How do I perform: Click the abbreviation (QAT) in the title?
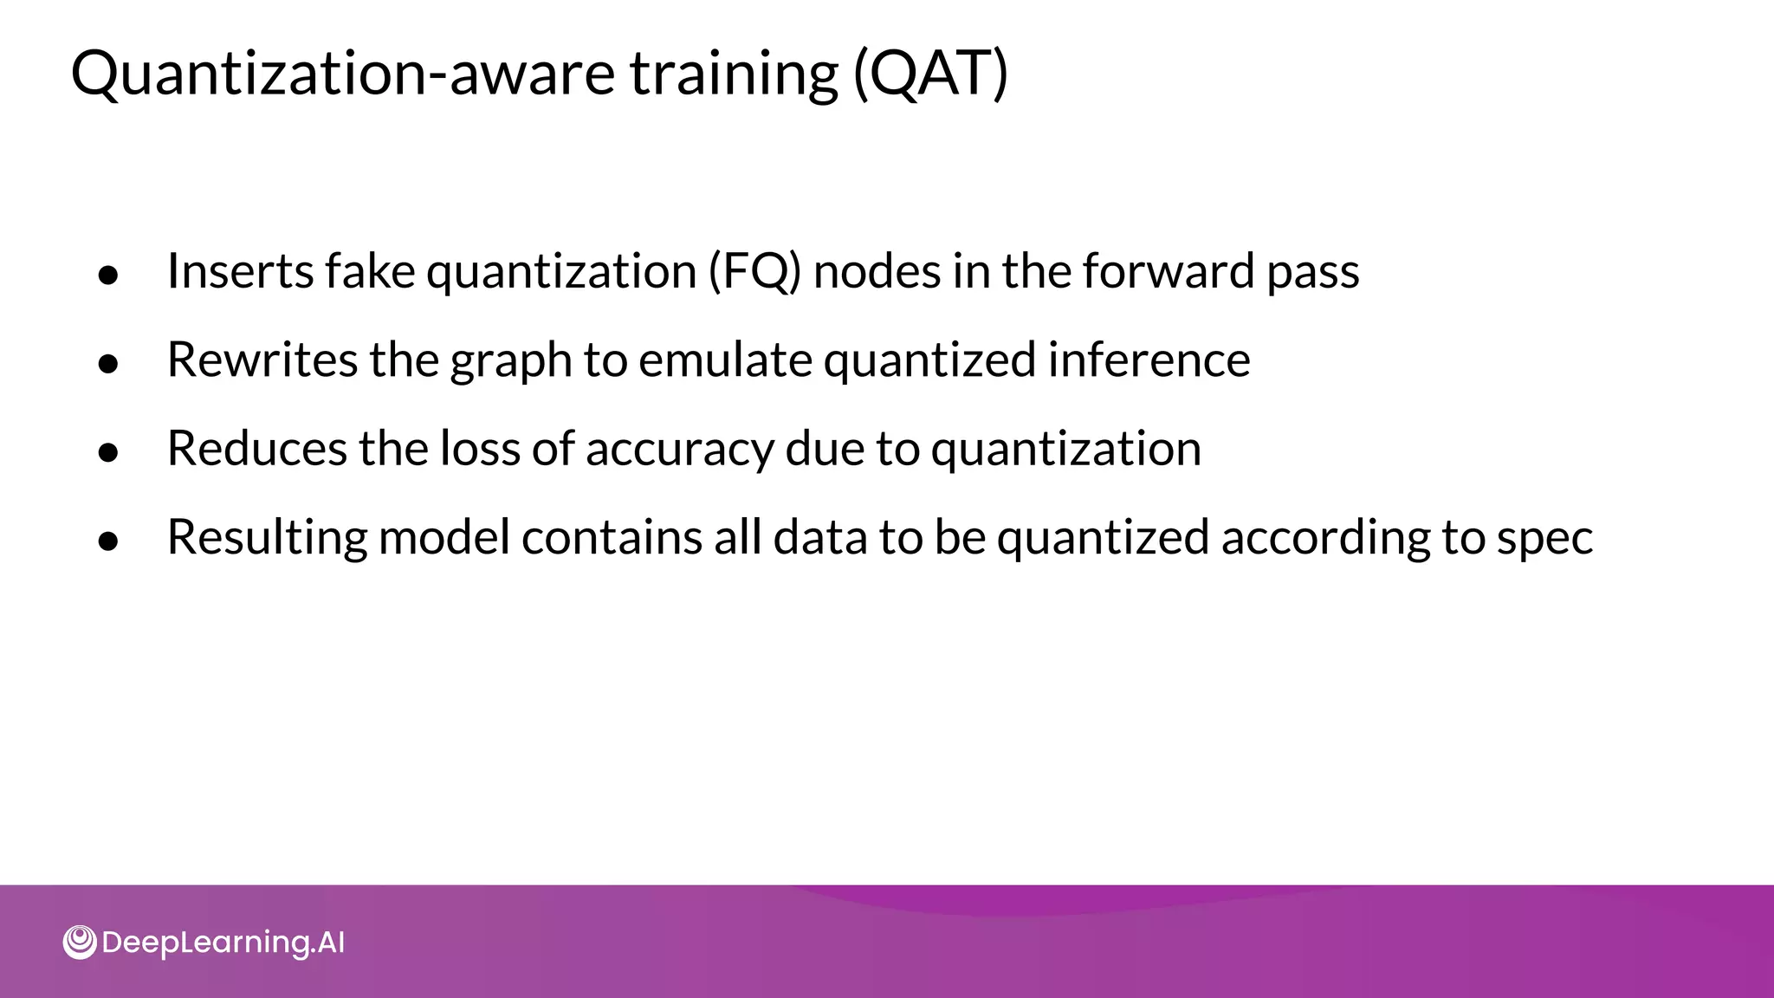coord(930,75)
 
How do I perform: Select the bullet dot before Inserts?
coord(108,275)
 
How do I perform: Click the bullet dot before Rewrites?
coord(108,364)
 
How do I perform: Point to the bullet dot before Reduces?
coord(108,453)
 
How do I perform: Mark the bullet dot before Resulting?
coord(108,541)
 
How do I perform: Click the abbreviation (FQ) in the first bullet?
coord(754,271)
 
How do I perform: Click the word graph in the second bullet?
coord(510,360)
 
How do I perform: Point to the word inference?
coord(1149,360)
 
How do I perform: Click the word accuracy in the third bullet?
coord(679,449)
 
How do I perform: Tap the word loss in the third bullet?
coord(479,449)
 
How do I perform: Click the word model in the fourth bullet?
coord(443,538)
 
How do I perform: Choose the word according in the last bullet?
coord(1325,538)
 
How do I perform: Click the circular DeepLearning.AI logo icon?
coord(80,943)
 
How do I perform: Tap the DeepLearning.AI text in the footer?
coord(223,943)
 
